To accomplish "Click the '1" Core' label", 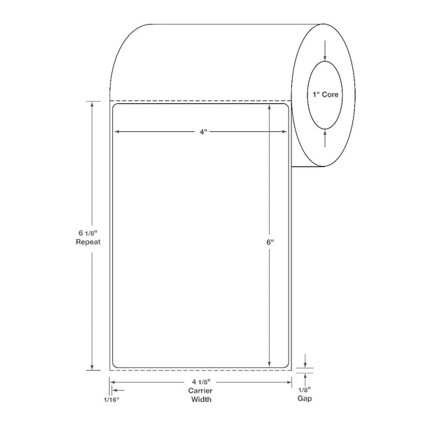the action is pos(326,95).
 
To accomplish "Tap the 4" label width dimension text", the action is pos(203,132).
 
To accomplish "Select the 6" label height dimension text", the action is pos(270,242).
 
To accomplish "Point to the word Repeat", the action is pos(88,242).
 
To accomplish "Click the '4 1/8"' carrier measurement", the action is pos(201,382).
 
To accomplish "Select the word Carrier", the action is pos(200,391).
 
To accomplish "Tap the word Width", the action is pos(201,399).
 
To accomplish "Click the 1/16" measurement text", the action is pos(111,400).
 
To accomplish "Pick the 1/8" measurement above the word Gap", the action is pos(305,390).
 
